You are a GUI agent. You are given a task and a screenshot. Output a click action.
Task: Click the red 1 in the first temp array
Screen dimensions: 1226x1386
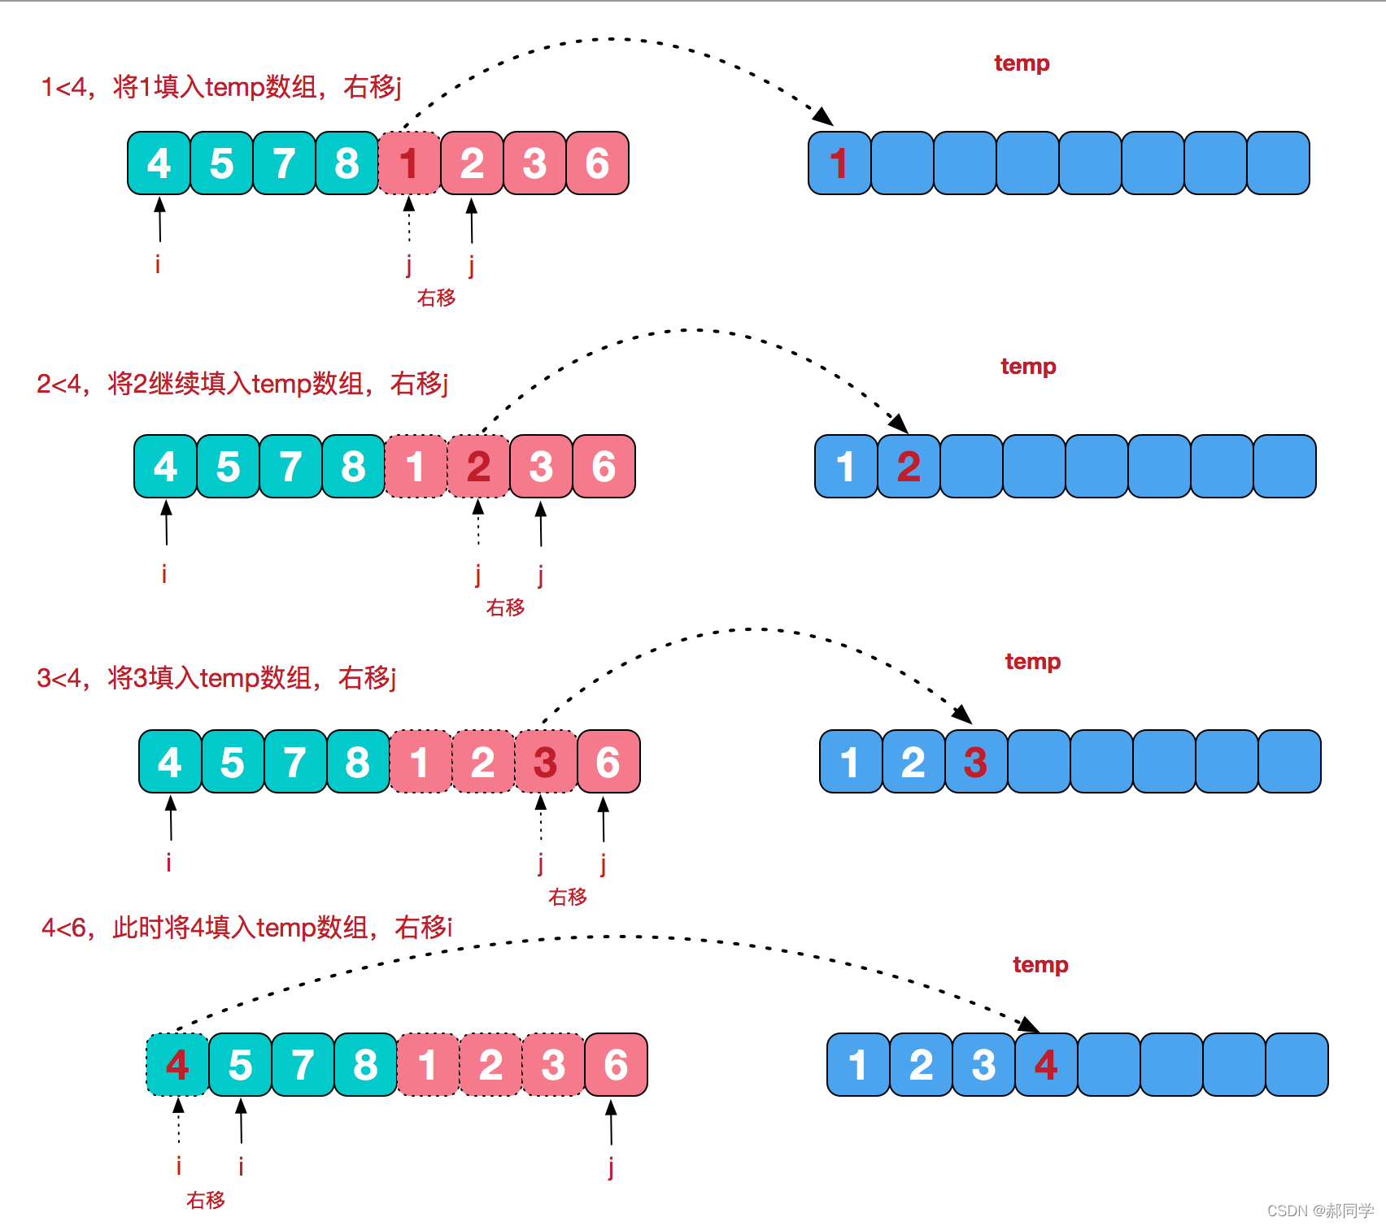pyautogui.click(x=839, y=163)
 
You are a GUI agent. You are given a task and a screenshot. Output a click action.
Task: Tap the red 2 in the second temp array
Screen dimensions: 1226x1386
pyautogui.click(x=909, y=467)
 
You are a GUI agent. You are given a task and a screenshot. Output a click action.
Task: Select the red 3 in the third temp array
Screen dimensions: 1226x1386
pyautogui.click(x=975, y=762)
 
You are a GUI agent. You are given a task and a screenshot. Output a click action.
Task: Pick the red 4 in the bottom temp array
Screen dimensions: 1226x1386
pyautogui.click(x=1046, y=1065)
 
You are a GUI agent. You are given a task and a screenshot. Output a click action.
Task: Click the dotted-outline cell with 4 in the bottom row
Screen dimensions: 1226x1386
pyautogui.click(x=177, y=1065)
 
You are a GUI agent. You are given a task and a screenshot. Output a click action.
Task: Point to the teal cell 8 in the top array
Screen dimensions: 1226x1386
pyautogui.click(x=346, y=163)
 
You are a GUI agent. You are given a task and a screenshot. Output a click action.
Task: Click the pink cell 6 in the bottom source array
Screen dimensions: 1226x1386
pyautogui.click(x=616, y=1065)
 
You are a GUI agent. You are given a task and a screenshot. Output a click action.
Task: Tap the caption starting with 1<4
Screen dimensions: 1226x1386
pyautogui.click(x=221, y=86)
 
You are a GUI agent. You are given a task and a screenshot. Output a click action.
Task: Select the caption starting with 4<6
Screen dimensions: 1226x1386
pyautogui.click(x=246, y=927)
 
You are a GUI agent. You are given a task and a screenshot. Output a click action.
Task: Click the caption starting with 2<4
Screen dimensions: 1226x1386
pyautogui.click(x=242, y=383)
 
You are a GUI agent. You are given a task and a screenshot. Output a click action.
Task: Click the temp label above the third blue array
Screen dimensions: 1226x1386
pyautogui.click(x=1032, y=661)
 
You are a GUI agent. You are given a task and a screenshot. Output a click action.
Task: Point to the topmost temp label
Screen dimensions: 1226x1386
pyautogui.click(x=1022, y=63)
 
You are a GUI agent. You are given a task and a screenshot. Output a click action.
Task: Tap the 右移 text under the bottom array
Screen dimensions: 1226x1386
pyautogui.click(x=205, y=1200)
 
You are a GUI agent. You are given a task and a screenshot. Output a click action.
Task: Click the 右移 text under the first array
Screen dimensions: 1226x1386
pyautogui.click(x=436, y=298)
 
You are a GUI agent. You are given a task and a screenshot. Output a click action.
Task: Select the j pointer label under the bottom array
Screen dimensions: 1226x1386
pyautogui.click(x=611, y=1167)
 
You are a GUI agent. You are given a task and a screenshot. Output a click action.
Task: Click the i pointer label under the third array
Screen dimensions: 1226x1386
pyautogui.click(x=168, y=862)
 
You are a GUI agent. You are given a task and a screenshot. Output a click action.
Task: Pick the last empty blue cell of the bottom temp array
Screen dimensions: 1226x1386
pyautogui.click(x=1297, y=1065)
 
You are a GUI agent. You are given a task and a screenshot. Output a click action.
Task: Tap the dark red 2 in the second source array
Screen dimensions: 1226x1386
pyautogui.click(x=478, y=467)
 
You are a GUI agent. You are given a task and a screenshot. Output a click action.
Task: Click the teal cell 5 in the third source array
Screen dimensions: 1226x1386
pyautogui.click(x=233, y=762)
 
